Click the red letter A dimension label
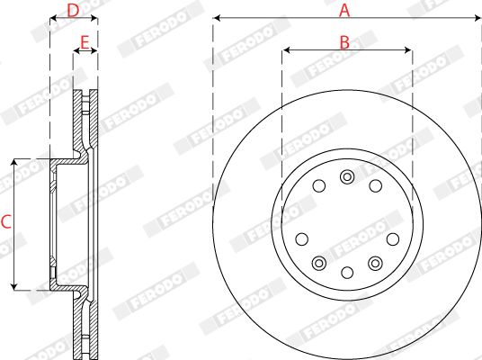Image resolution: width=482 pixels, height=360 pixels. pos(344,11)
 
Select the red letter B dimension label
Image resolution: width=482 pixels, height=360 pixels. pos(344,42)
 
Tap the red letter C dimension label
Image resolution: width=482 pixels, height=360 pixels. pos(6,222)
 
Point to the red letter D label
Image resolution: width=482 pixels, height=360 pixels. pos(73,11)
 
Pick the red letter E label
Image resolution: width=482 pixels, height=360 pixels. pos(85,42)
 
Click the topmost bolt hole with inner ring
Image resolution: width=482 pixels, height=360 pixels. pos(347,177)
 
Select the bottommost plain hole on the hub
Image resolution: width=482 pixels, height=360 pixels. pos(347,273)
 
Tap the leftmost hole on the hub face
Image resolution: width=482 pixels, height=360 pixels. pos(302,239)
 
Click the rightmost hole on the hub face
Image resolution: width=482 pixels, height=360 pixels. pos(393,239)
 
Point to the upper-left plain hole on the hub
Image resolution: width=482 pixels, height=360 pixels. pos(319,185)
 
